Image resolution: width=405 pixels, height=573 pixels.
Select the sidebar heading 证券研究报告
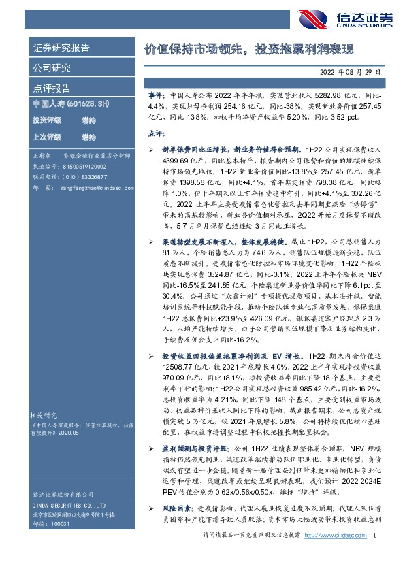[61, 49]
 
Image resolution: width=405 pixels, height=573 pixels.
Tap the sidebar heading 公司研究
[52, 69]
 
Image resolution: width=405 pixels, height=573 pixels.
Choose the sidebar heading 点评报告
[52, 88]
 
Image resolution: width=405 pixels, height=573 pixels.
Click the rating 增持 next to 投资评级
[88, 120]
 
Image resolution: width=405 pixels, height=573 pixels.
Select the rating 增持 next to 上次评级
[88, 136]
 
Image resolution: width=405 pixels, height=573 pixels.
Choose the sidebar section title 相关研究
[46, 414]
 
